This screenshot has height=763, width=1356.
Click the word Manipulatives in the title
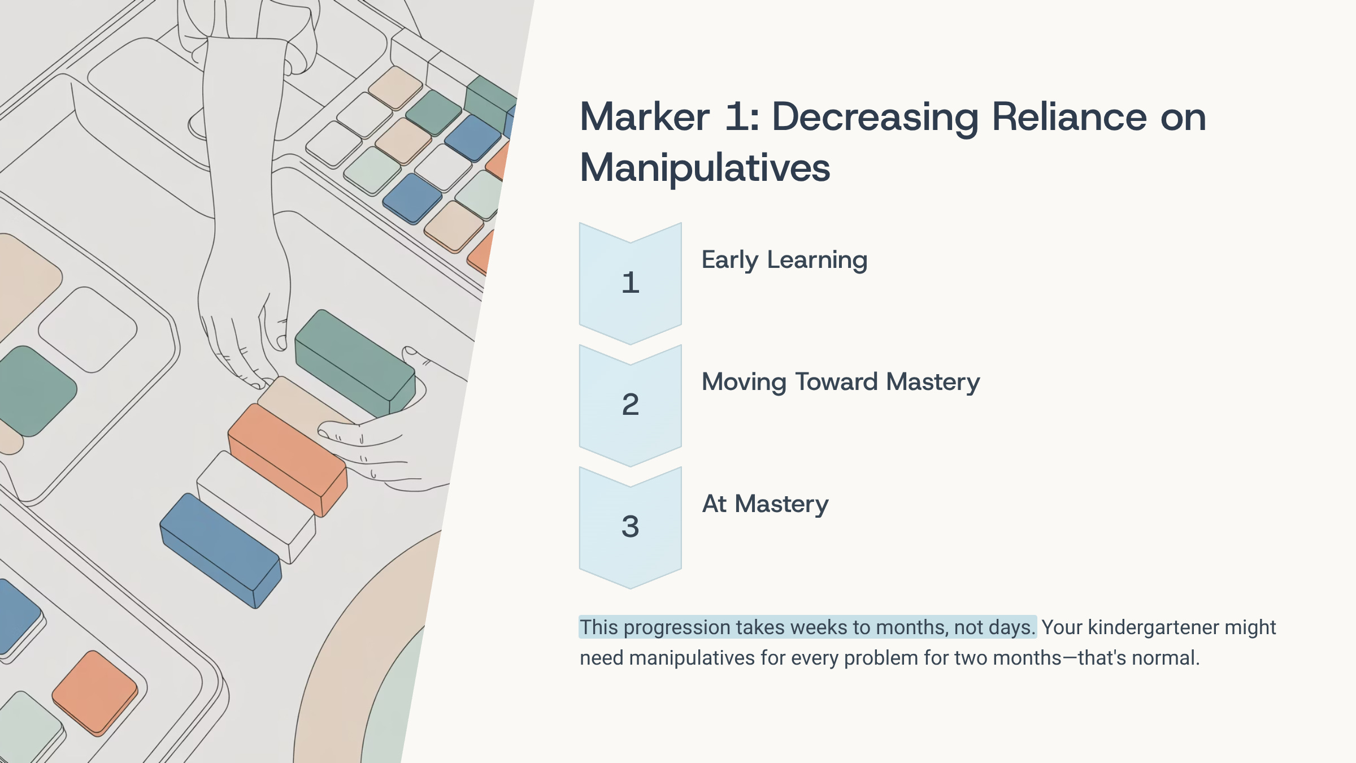[705, 168]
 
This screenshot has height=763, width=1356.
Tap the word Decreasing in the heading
[875, 117]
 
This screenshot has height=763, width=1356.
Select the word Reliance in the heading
[1070, 117]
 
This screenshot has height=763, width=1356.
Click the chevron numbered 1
[631, 283]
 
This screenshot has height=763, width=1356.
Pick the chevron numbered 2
[631, 405]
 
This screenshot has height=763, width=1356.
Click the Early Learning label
[784, 260]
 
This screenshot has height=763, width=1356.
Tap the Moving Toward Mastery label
[841, 382]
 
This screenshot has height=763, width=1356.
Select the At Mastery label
[765, 504]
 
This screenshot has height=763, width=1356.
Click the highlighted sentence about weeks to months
[807, 627]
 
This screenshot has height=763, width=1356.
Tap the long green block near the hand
[355, 362]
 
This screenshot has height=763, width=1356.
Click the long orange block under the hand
[287, 458]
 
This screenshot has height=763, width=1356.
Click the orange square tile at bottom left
[95, 692]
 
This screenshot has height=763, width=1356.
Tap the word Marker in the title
[644, 117]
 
